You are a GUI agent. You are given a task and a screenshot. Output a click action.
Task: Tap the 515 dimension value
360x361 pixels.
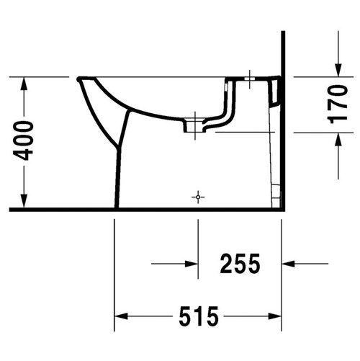tap(198, 316)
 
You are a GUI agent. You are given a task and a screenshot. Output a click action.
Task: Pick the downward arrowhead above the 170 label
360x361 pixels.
tap(337, 69)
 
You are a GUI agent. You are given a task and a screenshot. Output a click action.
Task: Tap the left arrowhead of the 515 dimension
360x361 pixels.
tap(121, 316)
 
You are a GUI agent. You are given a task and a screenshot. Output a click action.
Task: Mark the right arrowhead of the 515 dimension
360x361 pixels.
tap(274, 316)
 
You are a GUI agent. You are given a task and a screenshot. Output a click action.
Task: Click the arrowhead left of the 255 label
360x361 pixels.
tap(192, 264)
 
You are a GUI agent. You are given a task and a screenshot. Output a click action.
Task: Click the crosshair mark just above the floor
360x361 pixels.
tap(197, 196)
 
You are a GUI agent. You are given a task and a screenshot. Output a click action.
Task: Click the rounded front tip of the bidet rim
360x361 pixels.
tap(78, 78)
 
